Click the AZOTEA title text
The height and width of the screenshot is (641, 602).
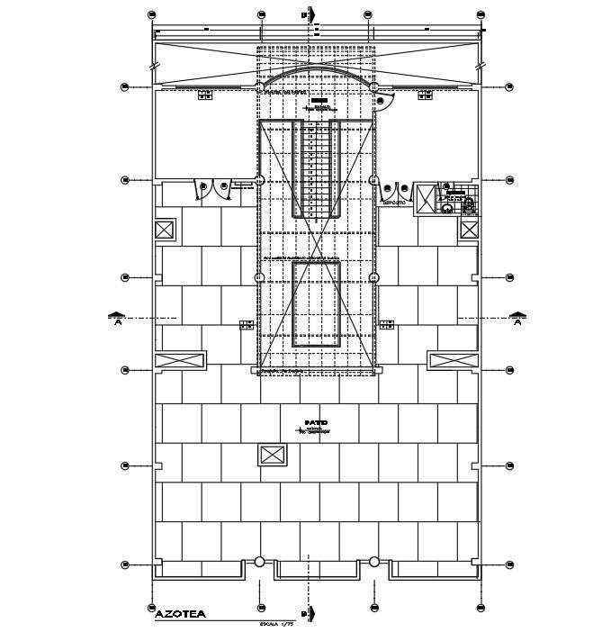[x=180, y=614]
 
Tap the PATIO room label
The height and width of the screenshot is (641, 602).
[x=315, y=421]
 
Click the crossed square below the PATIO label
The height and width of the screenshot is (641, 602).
[x=271, y=455]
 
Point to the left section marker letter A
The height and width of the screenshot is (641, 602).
[x=117, y=325]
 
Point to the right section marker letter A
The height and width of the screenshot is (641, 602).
[x=517, y=325]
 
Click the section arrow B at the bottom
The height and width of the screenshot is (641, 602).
[x=309, y=614]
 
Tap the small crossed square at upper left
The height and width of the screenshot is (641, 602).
[x=165, y=230]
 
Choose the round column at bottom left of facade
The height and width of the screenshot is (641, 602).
[x=259, y=563]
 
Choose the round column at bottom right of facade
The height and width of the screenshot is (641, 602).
[x=373, y=563]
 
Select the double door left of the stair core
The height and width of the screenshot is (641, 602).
[x=213, y=187]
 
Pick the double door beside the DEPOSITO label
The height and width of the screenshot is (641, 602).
[x=392, y=187]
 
